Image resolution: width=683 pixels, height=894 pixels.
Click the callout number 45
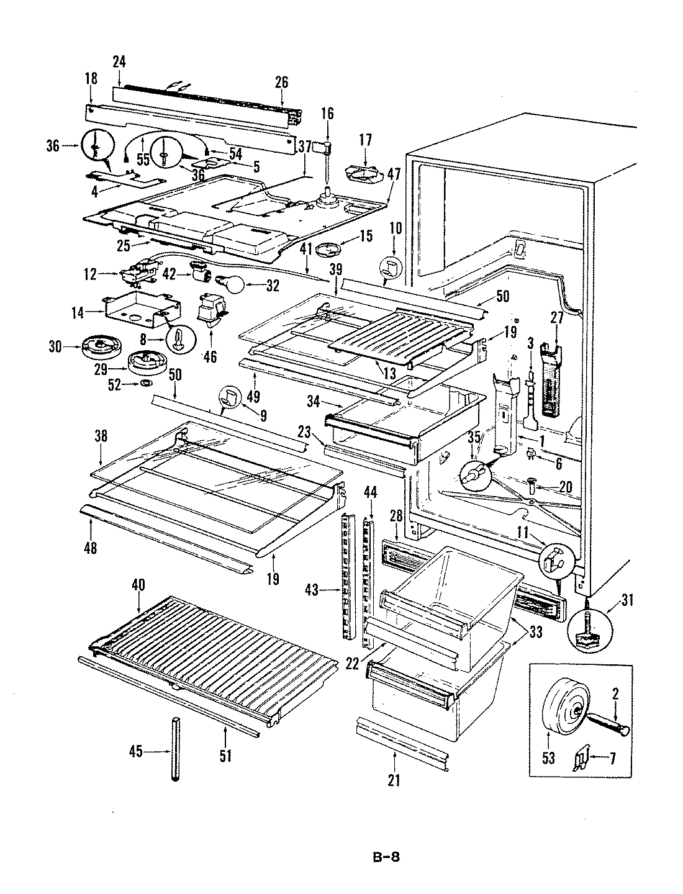click(135, 752)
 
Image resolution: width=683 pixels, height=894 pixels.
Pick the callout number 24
click(119, 61)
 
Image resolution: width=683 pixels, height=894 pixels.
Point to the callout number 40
click(138, 584)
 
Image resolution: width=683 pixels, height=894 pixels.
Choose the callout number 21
click(394, 780)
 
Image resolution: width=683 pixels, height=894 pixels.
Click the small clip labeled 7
click(580, 757)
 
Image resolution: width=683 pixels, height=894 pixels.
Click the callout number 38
click(101, 436)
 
